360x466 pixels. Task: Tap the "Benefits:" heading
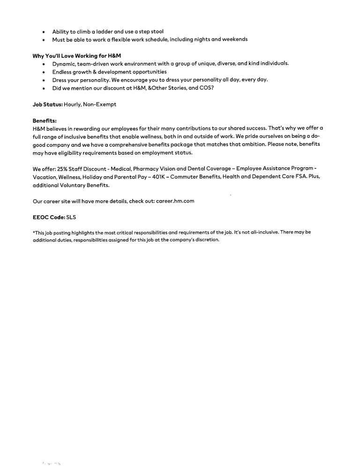coord(45,120)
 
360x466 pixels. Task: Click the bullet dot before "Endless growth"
coord(44,72)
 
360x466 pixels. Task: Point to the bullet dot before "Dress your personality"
coord(44,80)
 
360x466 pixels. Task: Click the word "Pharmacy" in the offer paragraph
coord(141,168)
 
